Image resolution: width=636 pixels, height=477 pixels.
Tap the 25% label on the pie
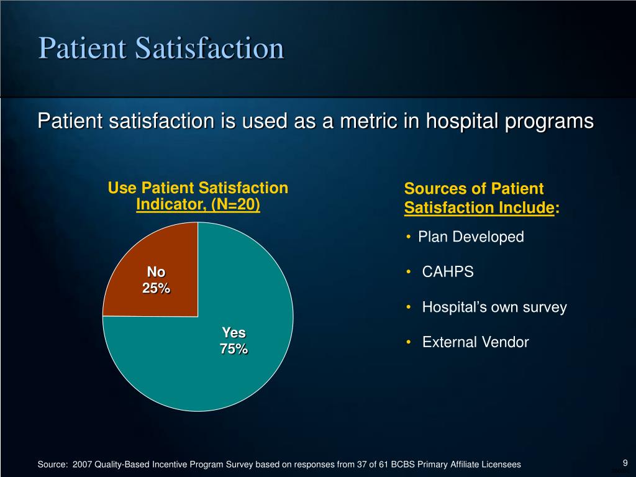pos(156,288)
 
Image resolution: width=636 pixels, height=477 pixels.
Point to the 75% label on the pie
pos(234,349)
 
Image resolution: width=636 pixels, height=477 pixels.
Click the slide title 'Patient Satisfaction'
pos(161,48)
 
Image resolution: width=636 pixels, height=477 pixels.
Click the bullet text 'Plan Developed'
pos(471,237)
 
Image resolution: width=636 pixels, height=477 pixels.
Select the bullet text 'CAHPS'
pos(448,272)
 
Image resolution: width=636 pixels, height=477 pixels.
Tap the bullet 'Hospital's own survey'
pos(494,307)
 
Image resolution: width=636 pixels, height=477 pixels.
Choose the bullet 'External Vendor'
pos(475,342)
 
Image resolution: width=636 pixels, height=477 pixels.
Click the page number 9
pos(625,462)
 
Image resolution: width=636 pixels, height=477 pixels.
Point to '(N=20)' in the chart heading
pos(235,204)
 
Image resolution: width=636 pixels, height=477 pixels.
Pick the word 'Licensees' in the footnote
pos(501,465)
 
